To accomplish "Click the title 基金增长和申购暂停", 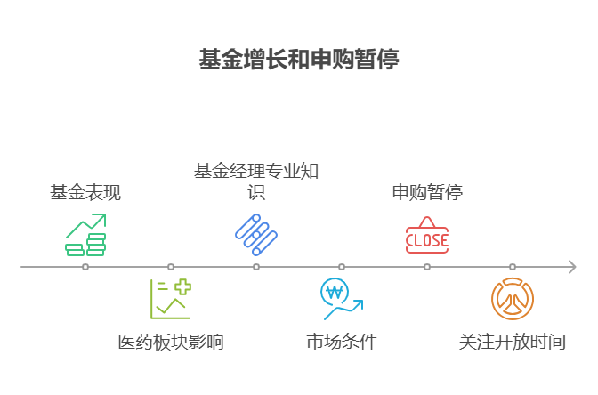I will click(299, 60).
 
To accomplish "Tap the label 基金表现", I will click(85, 192).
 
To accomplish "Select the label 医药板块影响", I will click(171, 342).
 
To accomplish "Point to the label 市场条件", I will click(342, 342).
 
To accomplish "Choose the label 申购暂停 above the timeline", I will click(427, 192).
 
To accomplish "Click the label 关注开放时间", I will click(513, 342).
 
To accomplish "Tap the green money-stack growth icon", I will click(85, 235).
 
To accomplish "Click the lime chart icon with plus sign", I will click(171, 299).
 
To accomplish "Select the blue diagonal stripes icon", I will click(256, 235).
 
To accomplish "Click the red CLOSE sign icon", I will click(427, 236).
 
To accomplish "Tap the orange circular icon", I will click(513, 299).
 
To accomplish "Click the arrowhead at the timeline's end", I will click(572, 267).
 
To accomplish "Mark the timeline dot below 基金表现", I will click(85, 267).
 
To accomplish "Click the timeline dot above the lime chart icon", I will click(171, 267).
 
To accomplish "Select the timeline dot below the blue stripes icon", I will click(256, 267).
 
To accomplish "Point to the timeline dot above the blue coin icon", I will click(342, 267).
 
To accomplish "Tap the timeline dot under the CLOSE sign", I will click(427, 267).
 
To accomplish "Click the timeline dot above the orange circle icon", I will click(513, 267).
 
